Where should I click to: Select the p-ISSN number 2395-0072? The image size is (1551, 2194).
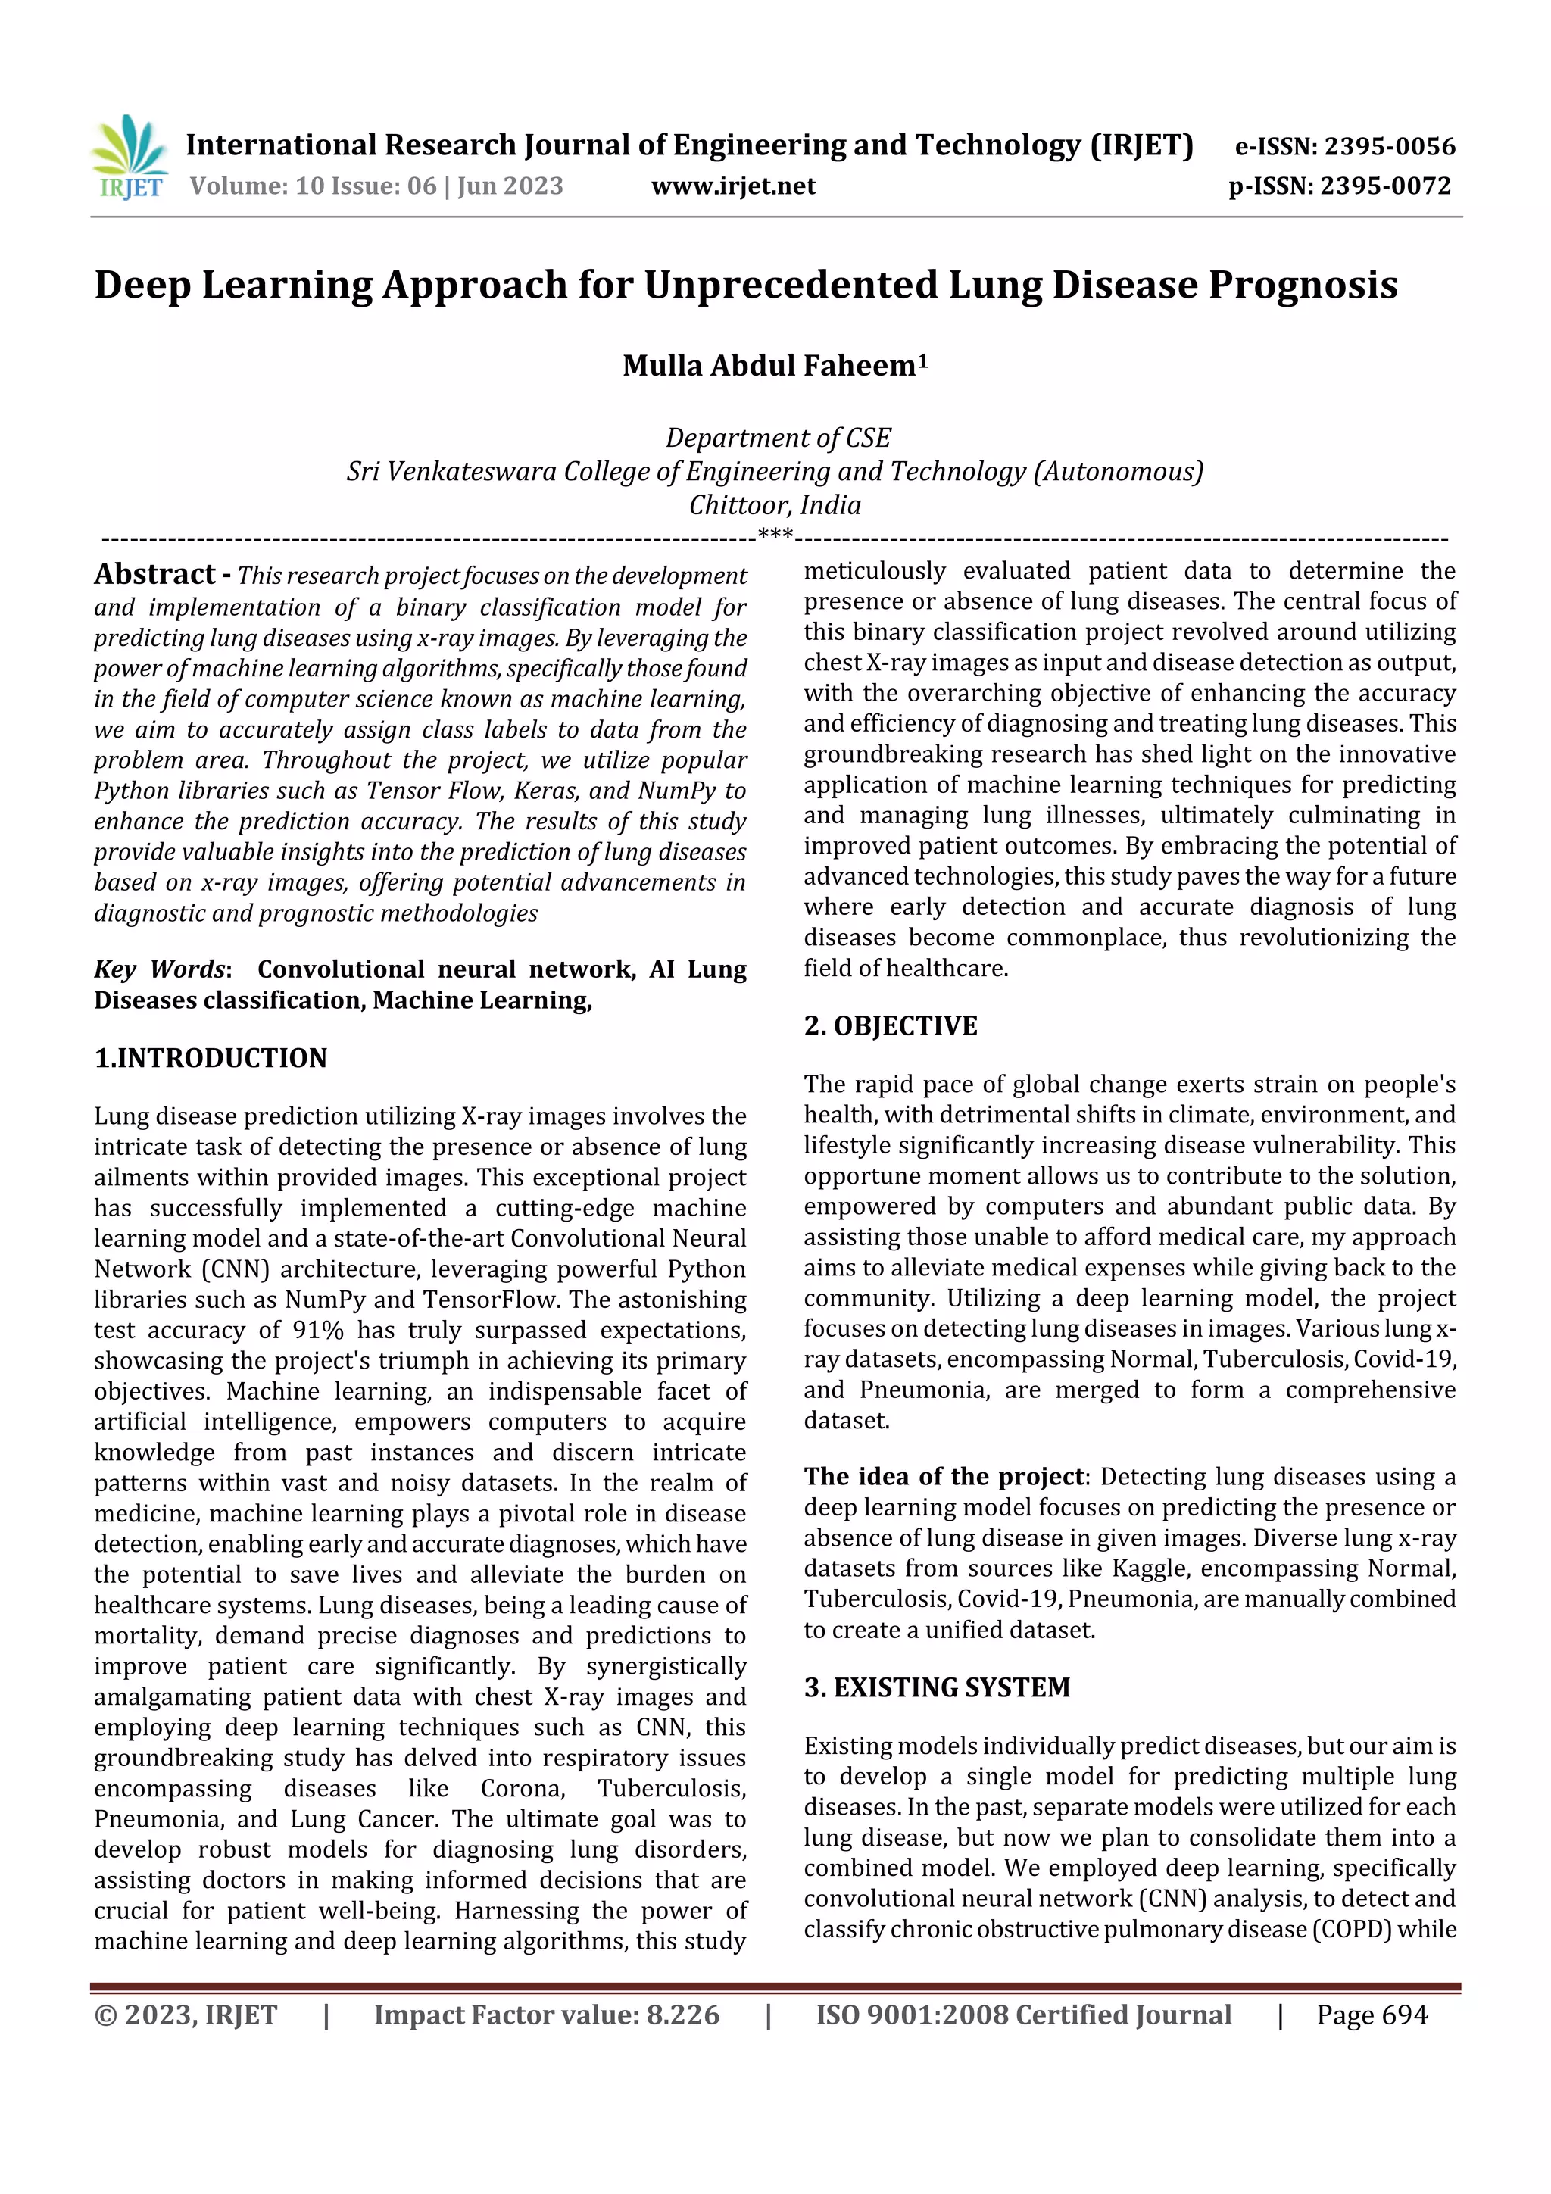coord(1386,186)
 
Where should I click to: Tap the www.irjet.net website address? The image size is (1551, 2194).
coord(733,186)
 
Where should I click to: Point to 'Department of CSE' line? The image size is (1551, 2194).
coord(778,438)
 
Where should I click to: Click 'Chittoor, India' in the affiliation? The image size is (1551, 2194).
coord(775,504)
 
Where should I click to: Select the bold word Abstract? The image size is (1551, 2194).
coord(154,573)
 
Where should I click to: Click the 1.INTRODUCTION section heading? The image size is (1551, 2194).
coord(211,1058)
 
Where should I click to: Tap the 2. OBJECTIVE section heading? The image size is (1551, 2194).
coord(890,1026)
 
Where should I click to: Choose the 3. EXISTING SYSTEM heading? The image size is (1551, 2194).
coord(937,1687)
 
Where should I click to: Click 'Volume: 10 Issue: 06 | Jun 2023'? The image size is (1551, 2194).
coord(376,186)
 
